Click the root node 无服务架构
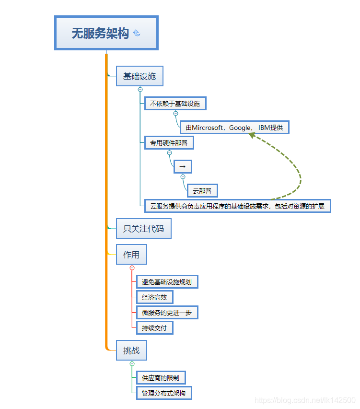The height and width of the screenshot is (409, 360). pyautogui.click(x=101, y=33)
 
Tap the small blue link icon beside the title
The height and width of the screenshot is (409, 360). pyautogui.click(x=137, y=33)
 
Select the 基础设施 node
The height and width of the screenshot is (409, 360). pyautogui.click(x=139, y=76)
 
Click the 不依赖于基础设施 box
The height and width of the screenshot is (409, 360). pyautogui.click(x=175, y=103)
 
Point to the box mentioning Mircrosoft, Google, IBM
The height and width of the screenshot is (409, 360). pyautogui.click(x=234, y=128)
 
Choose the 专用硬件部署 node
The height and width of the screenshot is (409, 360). pyautogui.click(x=169, y=143)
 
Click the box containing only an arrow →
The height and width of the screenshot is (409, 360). pyautogui.click(x=183, y=166)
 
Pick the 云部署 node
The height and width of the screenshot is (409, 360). pyautogui.click(x=202, y=191)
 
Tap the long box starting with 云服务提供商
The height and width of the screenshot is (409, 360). pyautogui.click(x=237, y=206)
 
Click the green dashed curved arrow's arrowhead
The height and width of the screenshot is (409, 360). pyautogui.click(x=250, y=136)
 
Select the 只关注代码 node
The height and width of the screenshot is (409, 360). pyautogui.click(x=143, y=229)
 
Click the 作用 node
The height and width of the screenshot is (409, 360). pyautogui.click(x=131, y=255)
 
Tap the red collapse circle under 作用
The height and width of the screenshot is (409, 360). pyautogui.click(x=132, y=268)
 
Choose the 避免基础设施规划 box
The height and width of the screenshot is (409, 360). pyautogui.click(x=167, y=282)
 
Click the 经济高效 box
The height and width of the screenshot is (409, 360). pyautogui.click(x=154, y=297)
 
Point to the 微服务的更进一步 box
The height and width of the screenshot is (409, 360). pyautogui.click(x=167, y=313)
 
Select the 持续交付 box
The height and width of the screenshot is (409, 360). pyautogui.click(x=154, y=328)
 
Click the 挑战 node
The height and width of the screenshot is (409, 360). pyautogui.click(x=131, y=351)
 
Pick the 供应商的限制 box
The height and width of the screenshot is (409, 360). pyautogui.click(x=161, y=378)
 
